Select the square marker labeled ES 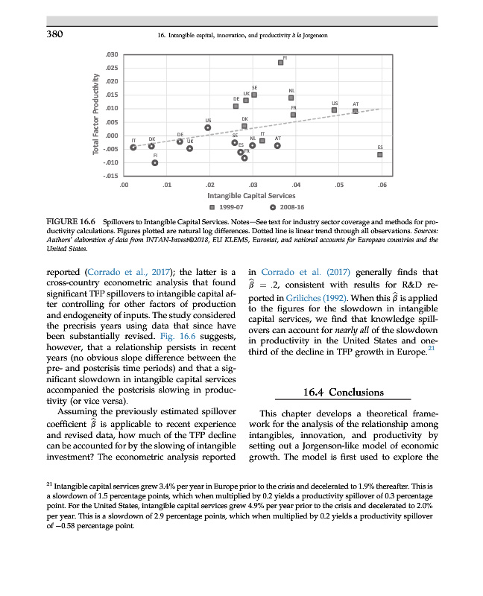point(379,155)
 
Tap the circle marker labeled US point(208,127)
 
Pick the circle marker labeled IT point(133,147)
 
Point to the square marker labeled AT point(356,111)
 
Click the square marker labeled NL point(291,98)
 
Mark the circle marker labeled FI point(155,162)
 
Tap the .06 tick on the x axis point(382,184)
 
